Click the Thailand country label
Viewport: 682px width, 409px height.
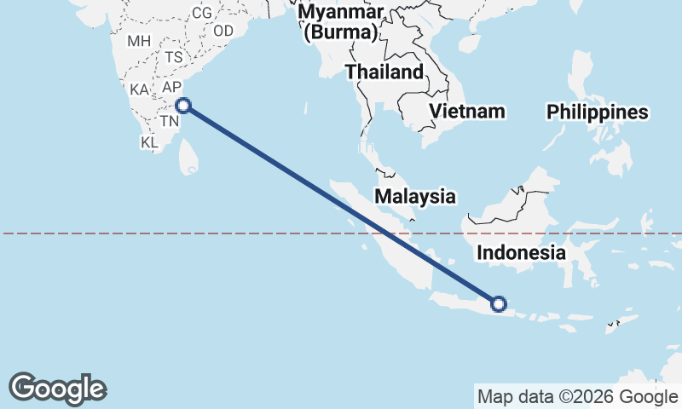384,72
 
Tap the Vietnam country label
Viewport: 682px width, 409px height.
466,111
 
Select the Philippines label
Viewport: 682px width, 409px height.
597,112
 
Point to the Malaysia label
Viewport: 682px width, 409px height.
415,196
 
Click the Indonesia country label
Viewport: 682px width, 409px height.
520,252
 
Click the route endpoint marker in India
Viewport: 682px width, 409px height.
182,106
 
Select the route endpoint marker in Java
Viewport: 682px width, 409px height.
499,303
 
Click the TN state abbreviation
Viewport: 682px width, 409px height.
169,122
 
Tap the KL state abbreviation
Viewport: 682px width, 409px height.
150,142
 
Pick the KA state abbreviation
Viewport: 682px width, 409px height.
140,89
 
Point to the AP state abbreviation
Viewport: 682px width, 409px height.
172,87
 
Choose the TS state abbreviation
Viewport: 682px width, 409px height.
174,57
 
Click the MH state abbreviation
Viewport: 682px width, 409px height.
138,41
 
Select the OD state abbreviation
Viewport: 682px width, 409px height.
223,31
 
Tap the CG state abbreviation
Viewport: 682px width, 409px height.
202,13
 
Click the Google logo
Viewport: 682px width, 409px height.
57,389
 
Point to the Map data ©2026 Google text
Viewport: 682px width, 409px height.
577,396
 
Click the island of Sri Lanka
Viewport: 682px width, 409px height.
189,157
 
